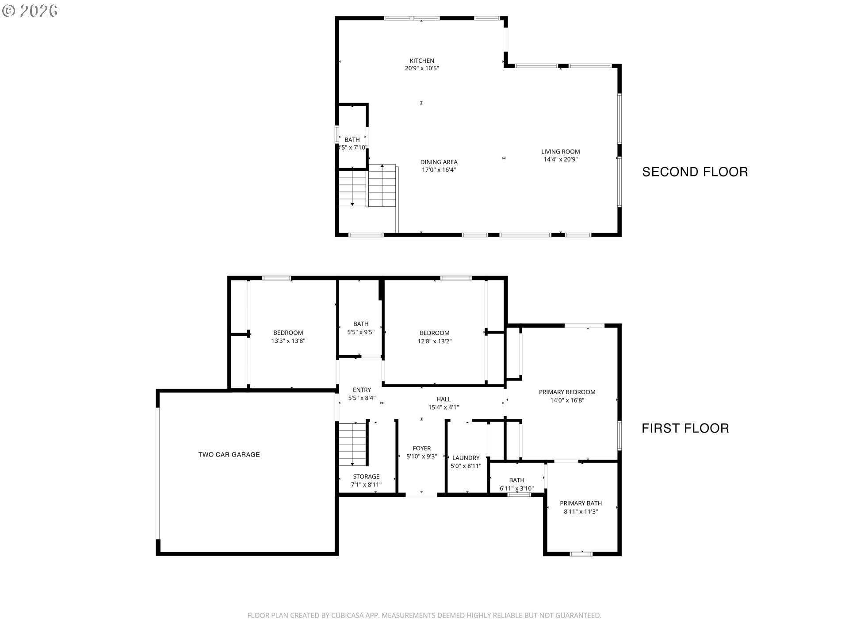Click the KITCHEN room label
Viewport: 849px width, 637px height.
pyautogui.click(x=422, y=61)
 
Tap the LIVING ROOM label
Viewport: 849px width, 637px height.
pyautogui.click(x=560, y=152)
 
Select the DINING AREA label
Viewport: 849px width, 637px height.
pyautogui.click(x=439, y=162)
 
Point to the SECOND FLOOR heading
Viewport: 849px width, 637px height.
pyautogui.click(x=695, y=172)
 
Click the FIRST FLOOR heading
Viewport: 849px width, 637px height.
pyautogui.click(x=685, y=428)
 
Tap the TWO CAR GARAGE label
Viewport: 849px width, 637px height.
pyautogui.click(x=229, y=454)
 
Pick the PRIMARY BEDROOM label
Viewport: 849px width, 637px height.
pyautogui.click(x=567, y=392)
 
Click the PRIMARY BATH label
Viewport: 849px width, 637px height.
pyautogui.click(x=581, y=503)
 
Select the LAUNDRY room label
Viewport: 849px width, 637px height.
pyautogui.click(x=466, y=458)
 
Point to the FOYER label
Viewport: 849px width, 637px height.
pyautogui.click(x=421, y=449)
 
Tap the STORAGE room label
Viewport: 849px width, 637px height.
pyautogui.click(x=366, y=476)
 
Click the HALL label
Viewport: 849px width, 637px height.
pyautogui.click(x=444, y=399)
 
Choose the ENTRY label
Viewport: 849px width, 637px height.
pyautogui.click(x=362, y=390)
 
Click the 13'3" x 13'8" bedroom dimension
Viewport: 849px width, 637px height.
pyautogui.click(x=288, y=341)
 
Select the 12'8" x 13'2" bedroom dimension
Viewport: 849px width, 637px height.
pyautogui.click(x=435, y=341)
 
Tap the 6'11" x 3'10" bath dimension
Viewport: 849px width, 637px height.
pyautogui.click(x=516, y=488)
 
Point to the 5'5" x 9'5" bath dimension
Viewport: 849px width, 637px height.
pyautogui.click(x=361, y=332)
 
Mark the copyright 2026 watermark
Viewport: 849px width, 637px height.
pyautogui.click(x=30, y=11)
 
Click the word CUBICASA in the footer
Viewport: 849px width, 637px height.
pyautogui.click(x=346, y=615)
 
